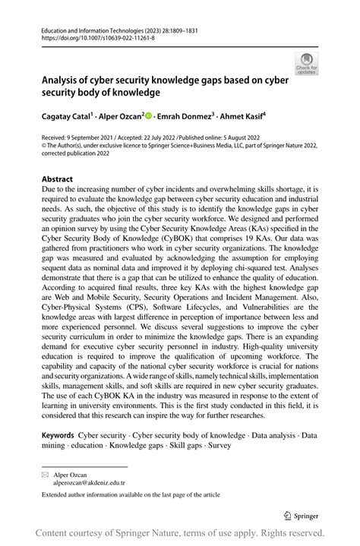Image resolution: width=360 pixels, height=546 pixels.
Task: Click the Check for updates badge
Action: click(306, 65)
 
